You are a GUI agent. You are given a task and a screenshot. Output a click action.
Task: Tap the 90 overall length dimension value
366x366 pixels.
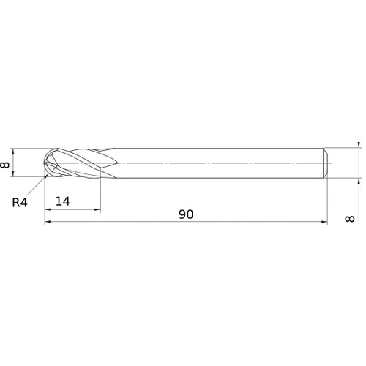[x=187, y=214]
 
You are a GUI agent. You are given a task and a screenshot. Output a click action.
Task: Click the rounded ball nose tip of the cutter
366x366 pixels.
[x=46, y=163]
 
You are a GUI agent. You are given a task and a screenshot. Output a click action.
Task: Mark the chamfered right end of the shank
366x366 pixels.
[x=326, y=163]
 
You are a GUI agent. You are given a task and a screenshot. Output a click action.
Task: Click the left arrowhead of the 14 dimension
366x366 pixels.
[x=48, y=210]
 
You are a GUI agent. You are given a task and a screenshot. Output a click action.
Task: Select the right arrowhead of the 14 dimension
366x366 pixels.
[x=97, y=210]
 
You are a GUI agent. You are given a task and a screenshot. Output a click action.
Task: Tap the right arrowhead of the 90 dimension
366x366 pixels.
[x=324, y=222]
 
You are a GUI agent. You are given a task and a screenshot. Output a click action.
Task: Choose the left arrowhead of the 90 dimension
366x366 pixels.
[x=48, y=222]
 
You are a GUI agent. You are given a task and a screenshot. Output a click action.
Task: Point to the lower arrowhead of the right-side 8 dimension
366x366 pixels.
[x=359, y=179]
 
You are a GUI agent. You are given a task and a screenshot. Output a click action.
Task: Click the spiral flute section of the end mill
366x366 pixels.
[x=77, y=163]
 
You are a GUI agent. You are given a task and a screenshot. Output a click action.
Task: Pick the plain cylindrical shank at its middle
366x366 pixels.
[x=220, y=163]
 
